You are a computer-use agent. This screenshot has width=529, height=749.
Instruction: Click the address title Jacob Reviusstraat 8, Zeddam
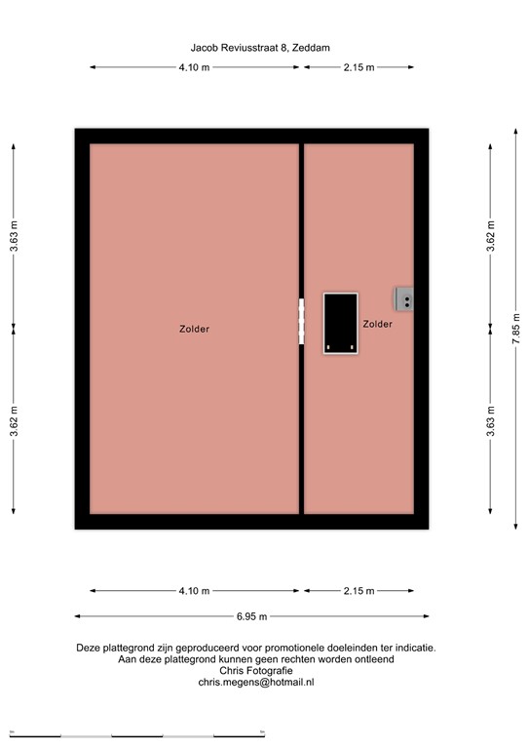click(260, 48)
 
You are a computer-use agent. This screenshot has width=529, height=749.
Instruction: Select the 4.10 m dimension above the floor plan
click(194, 67)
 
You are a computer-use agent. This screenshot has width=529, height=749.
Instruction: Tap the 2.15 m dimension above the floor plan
click(359, 67)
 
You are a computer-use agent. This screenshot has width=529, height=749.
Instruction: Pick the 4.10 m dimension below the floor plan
click(194, 591)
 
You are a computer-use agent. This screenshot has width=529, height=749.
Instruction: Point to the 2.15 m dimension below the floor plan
click(359, 591)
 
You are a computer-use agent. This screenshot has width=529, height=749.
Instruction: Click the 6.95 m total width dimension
click(252, 616)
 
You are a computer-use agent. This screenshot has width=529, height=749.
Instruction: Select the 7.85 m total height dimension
click(516, 328)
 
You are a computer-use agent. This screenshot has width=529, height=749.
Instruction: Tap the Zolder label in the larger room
click(194, 329)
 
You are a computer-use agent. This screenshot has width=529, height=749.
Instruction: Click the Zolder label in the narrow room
click(377, 324)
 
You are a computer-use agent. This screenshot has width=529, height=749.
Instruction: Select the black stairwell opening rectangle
click(341, 324)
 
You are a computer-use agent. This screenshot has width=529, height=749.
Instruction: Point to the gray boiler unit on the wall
click(404, 299)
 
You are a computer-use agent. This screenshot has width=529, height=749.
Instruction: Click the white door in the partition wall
click(301, 321)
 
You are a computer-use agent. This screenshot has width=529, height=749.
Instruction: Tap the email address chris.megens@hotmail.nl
click(256, 682)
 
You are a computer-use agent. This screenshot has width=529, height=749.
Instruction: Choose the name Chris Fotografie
click(256, 671)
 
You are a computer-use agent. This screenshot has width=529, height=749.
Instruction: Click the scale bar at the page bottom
click(137, 735)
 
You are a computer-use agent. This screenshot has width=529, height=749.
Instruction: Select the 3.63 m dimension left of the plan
click(14, 236)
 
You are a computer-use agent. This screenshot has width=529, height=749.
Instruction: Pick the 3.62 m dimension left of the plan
click(14, 421)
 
